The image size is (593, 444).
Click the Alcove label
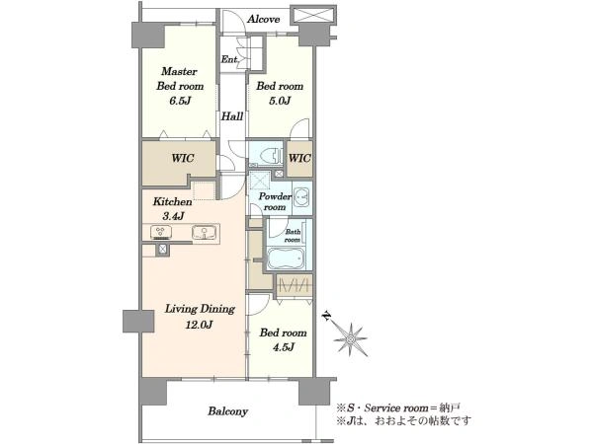[x=263, y=20]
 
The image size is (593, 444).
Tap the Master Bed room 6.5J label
[x=180, y=86]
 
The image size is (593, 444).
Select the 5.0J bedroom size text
[x=280, y=101]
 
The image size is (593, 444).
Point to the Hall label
[x=232, y=116]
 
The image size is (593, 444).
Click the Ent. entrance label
[x=229, y=59]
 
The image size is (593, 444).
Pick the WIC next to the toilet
[x=299, y=158]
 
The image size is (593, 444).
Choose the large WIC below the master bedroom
[x=183, y=158]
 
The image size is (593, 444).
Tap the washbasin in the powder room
[x=301, y=196]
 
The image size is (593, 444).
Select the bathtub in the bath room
[x=286, y=259]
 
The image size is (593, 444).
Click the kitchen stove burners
[x=160, y=232]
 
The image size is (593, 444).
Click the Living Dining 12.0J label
[x=200, y=317]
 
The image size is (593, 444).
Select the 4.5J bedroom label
[x=283, y=339]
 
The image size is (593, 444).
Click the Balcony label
[x=227, y=411]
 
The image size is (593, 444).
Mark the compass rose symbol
[x=350, y=339]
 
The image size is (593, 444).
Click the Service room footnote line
[x=398, y=408]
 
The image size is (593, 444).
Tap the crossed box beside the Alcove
[x=312, y=15]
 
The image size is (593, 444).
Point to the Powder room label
[x=275, y=201]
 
